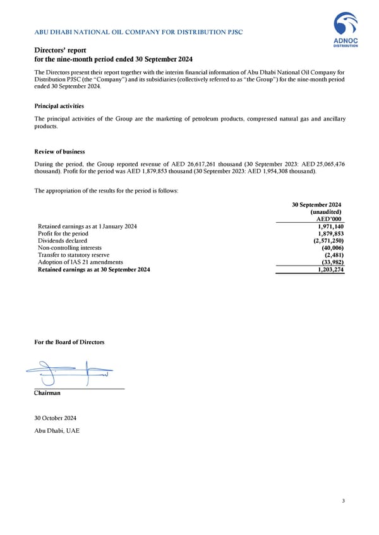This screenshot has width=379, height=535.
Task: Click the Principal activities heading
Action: (59, 106)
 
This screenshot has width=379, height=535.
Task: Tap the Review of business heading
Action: (59, 152)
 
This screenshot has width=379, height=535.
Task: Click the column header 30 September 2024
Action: (316, 205)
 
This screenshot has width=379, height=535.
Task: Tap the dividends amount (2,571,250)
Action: (327, 240)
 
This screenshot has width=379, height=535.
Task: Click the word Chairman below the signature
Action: (47, 393)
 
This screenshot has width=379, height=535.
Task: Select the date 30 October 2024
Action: (56, 418)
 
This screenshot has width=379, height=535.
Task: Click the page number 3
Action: (343, 501)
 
